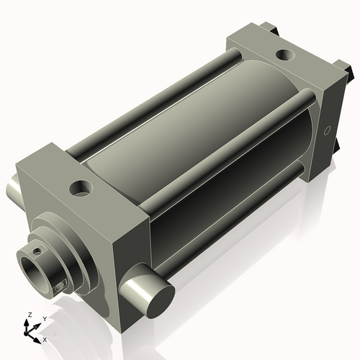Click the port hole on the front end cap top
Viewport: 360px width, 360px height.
(x=80, y=189)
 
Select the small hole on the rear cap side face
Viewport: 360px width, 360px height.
(x=327, y=131)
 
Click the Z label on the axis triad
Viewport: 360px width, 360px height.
(x=29, y=315)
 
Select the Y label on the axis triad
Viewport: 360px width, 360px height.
(x=44, y=318)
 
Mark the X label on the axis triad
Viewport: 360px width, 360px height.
(x=45, y=338)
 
